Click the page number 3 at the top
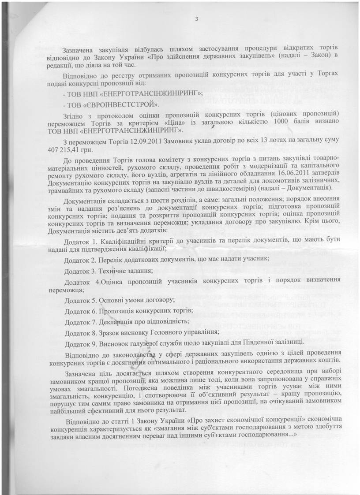click(x=196, y=19)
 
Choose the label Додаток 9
click(x=80, y=342)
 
